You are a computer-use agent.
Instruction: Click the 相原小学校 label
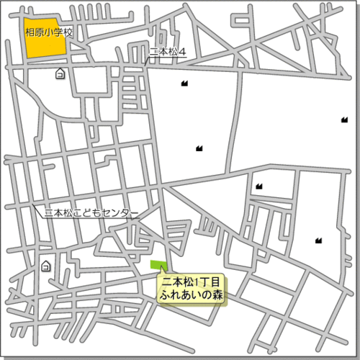49,32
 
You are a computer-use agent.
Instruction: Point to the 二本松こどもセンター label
91,213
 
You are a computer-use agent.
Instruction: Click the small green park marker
157,264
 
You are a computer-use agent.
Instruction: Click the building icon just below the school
60,73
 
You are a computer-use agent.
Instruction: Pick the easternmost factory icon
344,120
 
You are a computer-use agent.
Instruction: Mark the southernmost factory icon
318,240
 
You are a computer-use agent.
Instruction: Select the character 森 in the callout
218,296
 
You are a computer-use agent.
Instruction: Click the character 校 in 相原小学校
70,32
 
